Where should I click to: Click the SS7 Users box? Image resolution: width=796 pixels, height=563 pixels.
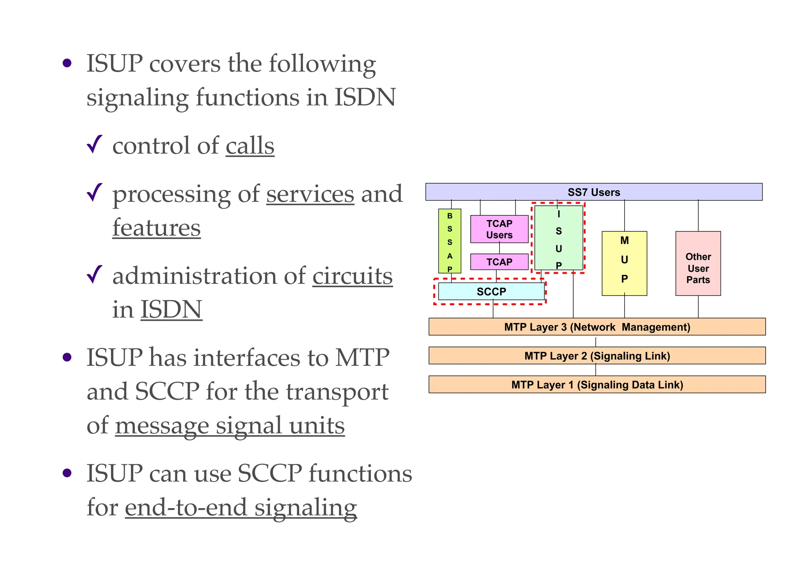click(594, 192)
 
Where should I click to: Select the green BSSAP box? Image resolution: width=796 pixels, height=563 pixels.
click(450, 241)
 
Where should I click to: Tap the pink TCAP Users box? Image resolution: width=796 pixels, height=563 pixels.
click(499, 229)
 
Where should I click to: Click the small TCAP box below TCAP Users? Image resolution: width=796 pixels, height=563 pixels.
click(499, 262)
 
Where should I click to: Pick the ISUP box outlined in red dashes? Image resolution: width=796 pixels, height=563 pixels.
click(559, 238)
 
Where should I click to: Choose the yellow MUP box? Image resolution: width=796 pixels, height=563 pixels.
click(624, 264)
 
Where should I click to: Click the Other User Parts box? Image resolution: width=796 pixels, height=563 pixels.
click(698, 264)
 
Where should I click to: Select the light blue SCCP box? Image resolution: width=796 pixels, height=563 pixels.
click(491, 292)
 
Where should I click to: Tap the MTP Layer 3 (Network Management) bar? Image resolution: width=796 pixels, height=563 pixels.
click(597, 327)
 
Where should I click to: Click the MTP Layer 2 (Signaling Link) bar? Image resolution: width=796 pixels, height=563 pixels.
click(597, 356)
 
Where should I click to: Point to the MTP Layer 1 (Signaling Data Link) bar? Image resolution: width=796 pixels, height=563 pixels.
click(597, 385)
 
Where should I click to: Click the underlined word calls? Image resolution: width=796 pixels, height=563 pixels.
click(250, 146)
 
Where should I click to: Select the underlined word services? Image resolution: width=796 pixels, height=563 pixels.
click(310, 194)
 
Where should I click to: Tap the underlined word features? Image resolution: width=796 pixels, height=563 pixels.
click(156, 228)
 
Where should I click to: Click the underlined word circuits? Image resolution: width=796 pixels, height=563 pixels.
click(352, 276)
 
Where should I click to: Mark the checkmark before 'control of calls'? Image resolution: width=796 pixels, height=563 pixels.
click(94, 145)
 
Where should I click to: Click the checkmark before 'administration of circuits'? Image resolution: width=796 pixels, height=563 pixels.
click(94, 275)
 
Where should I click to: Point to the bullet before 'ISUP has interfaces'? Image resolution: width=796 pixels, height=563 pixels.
click(67, 357)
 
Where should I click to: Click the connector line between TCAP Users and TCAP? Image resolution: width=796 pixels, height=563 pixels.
click(499, 248)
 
